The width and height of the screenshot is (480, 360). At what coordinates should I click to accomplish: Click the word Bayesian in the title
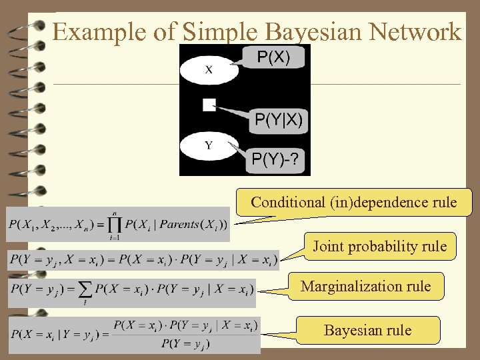(x=310, y=31)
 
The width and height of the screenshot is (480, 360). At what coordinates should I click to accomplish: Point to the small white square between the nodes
(x=209, y=104)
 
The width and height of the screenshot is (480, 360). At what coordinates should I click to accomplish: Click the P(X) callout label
(x=273, y=58)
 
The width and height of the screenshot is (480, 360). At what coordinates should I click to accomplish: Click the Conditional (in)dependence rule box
(x=354, y=202)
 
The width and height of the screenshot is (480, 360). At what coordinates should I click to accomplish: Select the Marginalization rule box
(x=365, y=287)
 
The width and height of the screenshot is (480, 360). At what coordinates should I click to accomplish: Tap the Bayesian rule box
(x=367, y=330)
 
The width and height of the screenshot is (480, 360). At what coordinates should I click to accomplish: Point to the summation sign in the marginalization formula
(x=85, y=289)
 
